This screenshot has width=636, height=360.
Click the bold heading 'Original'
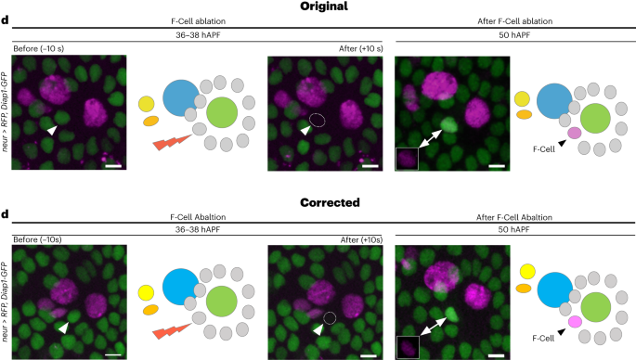(x=318, y=6)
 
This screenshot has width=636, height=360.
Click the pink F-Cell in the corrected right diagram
(x=576, y=320)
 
